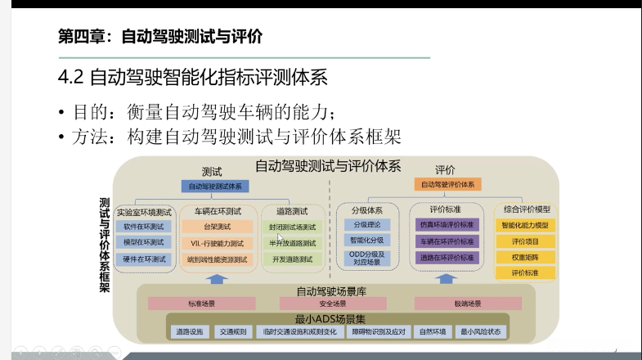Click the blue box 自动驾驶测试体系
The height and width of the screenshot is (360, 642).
(x=215, y=187)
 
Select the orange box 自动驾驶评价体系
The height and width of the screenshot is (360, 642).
(x=446, y=185)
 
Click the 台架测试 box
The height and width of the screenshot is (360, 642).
(x=216, y=227)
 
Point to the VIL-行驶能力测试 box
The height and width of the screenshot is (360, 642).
(x=216, y=243)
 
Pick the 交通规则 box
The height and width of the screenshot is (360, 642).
(x=232, y=332)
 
